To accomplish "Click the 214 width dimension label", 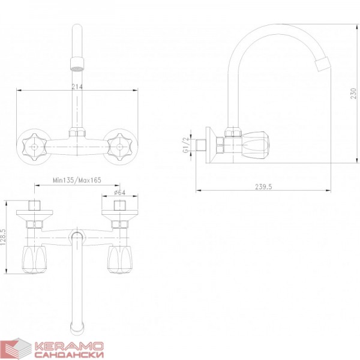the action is tap(77, 86).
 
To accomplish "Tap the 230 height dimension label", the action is tap(353, 94).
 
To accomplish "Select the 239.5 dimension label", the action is tap(263, 187).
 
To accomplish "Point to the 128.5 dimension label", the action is tap(3, 237).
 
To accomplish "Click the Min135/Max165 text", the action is tap(77, 180).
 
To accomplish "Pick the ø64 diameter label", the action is tap(119, 192).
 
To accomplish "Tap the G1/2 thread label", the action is tap(185, 145).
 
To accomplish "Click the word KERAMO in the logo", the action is tap(69, 346).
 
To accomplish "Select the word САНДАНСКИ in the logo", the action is tap(69, 355).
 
